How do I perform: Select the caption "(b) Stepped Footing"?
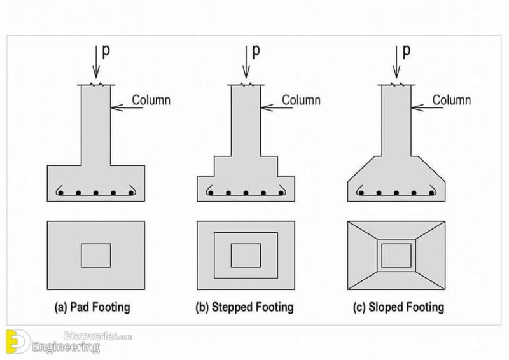[x=244, y=307]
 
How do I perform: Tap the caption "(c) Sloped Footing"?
[x=398, y=307]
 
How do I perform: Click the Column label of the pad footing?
[x=151, y=100]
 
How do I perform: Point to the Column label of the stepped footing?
[x=301, y=100]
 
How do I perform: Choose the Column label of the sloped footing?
[x=452, y=100]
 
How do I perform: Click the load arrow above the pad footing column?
[x=95, y=60]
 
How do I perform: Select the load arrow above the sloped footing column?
[x=396, y=60]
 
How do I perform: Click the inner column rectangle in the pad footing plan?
[x=95, y=255]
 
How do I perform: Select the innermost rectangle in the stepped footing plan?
[x=246, y=255]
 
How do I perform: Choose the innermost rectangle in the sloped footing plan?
[x=396, y=255]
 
